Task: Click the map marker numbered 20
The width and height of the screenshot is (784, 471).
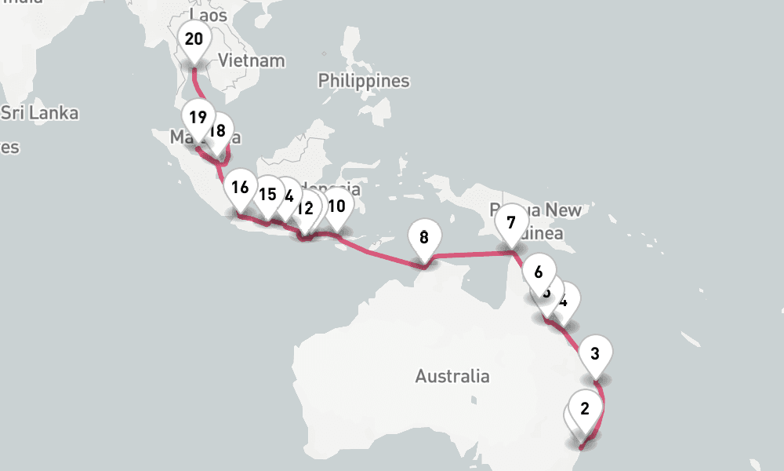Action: point(194,39)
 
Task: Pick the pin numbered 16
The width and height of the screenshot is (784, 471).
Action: point(240,188)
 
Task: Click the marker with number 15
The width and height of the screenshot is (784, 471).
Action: point(267,194)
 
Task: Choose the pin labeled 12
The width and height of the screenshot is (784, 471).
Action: point(306,209)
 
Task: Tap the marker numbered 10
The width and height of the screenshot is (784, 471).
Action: point(337,206)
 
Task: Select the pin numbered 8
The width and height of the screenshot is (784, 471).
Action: point(424,236)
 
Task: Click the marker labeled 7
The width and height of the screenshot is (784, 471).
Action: point(511,223)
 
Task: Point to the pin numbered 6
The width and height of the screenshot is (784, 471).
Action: point(538,273)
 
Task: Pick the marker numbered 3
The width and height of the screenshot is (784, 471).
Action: point(595,353)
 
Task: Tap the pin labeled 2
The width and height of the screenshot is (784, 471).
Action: point(585,408)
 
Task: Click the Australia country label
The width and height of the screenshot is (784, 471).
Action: point(452,377)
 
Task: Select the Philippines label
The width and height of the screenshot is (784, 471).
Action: point(364,81)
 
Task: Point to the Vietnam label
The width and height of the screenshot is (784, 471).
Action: point(252,60)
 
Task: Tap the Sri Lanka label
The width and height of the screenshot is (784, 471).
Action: point(39,113)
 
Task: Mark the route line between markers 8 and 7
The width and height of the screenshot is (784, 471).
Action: point(470,254)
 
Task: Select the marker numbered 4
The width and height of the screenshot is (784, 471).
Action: point(567,300)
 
